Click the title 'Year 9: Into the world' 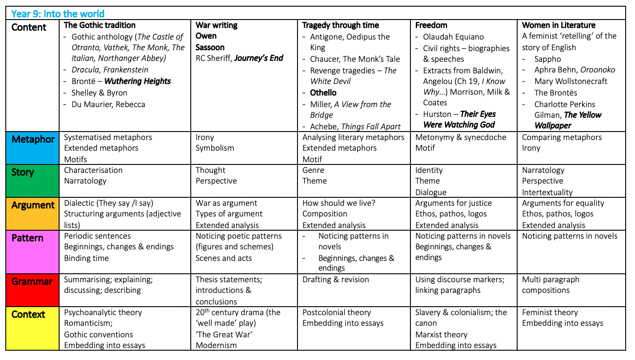pos(58,14)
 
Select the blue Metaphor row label pos(33,140)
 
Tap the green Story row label pos(22,172)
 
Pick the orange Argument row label pos(33,205)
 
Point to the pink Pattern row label pos(28,238)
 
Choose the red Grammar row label pos(32,281)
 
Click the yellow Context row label pos(28,314)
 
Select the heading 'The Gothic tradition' pos(100,25)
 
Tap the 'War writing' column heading pos(217,25)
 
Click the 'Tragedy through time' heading pos(341,25)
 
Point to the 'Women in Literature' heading pos(559,25)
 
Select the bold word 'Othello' pos(323,92)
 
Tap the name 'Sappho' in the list pos(548,59)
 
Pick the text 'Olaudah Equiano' pos(453,37)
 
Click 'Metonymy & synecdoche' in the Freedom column pos(461,137)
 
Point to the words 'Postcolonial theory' pos(337,312)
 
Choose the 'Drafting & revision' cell pos(336,280)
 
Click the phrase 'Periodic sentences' pos(97,236)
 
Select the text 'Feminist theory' pos(550,312)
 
